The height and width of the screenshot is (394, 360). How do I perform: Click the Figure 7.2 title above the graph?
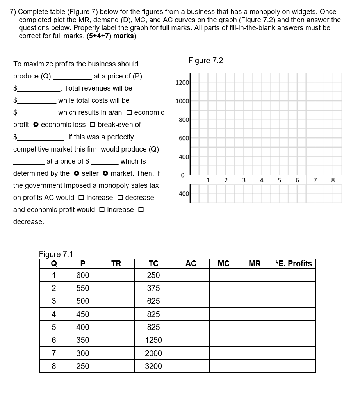(x=205, y=61)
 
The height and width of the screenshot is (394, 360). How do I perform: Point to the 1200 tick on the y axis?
(x=182, y=83)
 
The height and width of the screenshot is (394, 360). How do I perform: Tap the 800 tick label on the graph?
(x=184, y=119)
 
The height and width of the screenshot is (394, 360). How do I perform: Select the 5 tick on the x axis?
(x=279, y=180)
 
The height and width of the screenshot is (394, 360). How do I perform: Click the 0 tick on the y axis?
(x=182, y=176)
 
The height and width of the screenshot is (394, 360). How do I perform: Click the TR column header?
(x=116, y=264)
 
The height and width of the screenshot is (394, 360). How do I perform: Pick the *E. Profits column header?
(x=293, y=264)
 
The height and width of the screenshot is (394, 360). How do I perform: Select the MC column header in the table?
(x=223, y=264)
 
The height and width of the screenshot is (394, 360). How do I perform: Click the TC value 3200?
(x=153, y=366)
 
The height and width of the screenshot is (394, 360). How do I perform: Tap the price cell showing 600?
(x=82, y=275)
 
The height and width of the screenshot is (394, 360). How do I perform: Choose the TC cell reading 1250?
(x=153, y=340)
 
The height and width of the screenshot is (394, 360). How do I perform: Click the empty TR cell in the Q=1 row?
(x=116, y=275)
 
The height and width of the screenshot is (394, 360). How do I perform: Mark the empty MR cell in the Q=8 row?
(x=254, y=366)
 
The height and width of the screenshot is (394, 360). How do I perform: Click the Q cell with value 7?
(x=53, y=353)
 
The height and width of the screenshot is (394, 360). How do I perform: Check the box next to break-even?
(x=93, y=125)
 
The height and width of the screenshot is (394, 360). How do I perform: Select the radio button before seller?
(x=77, y=173)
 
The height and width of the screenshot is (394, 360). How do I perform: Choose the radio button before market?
(x=106, y=173)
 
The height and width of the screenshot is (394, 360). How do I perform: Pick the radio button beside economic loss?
(x=36, y=125)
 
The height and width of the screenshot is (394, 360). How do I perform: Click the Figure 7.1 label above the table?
(x=56, y=254)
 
